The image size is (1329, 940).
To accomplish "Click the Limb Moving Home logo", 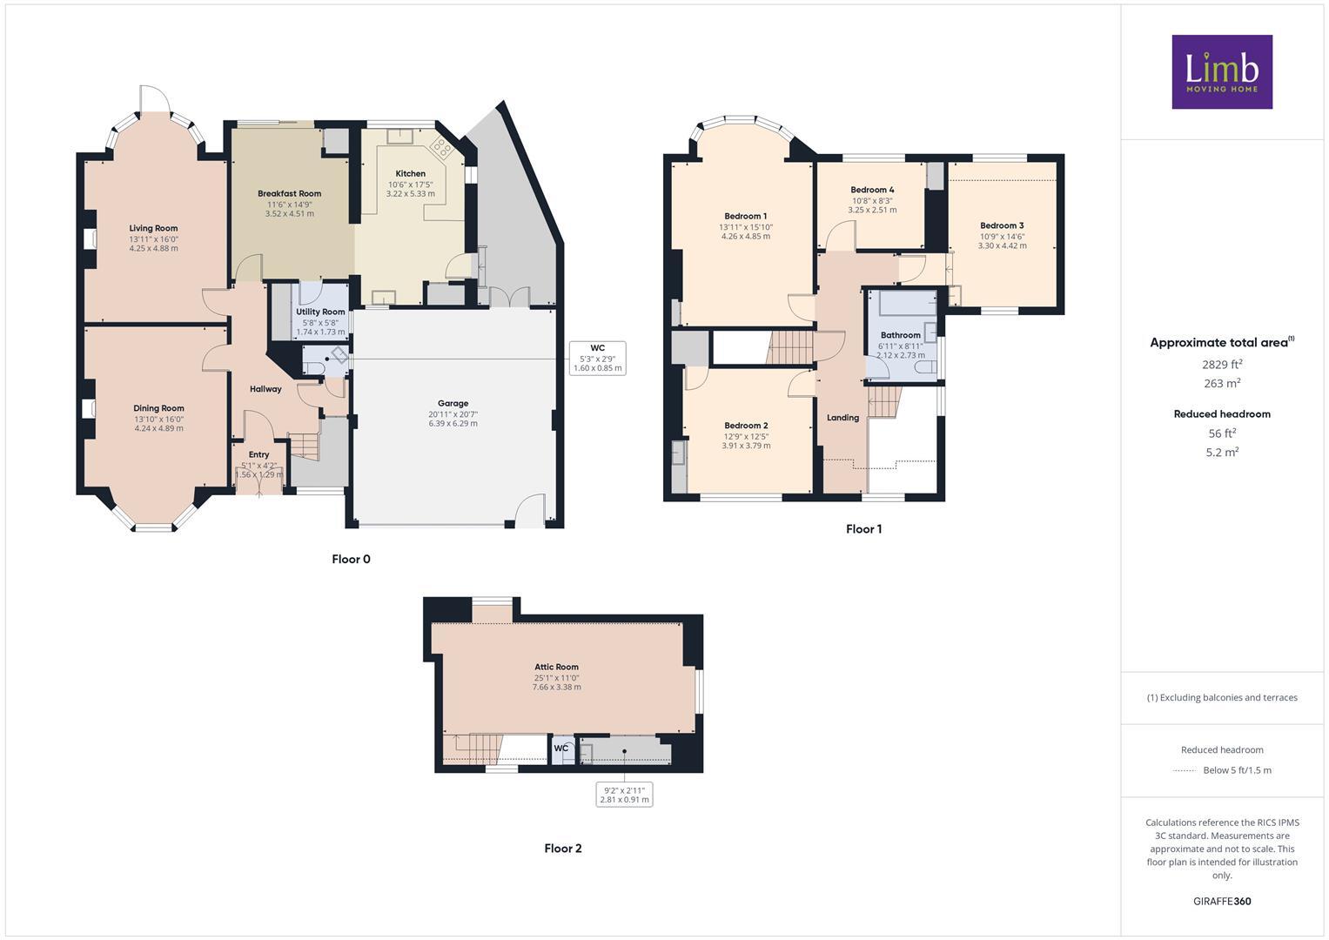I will [1221, 71].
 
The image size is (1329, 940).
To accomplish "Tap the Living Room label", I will [153, 229].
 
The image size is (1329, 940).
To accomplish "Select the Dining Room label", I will [158, 408].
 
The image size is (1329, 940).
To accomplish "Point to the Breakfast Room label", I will [289, 194].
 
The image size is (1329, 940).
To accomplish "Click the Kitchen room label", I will [411, 174].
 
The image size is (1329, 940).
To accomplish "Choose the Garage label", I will [453, 404].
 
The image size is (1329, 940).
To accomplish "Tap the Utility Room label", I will [320, 312].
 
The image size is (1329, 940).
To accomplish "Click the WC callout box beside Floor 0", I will [597, 358].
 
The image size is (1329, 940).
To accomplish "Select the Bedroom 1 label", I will [745, 217].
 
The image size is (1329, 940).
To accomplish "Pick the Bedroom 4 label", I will [872, 190].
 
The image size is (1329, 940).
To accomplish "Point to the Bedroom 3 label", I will [1002, 226].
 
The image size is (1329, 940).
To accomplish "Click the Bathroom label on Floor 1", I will [900, 335].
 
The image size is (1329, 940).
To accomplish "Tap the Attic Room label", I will [556, 668].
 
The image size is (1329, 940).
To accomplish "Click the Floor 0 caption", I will [351, 560].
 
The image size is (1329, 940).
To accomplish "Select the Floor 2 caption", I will [562, 849].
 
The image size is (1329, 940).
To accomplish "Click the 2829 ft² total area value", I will [1222, 364].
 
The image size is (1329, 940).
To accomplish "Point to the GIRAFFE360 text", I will [1222, 902].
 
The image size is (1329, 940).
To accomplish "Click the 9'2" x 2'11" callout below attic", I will [624, 795].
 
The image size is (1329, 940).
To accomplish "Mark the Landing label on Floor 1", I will [842, 418].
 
